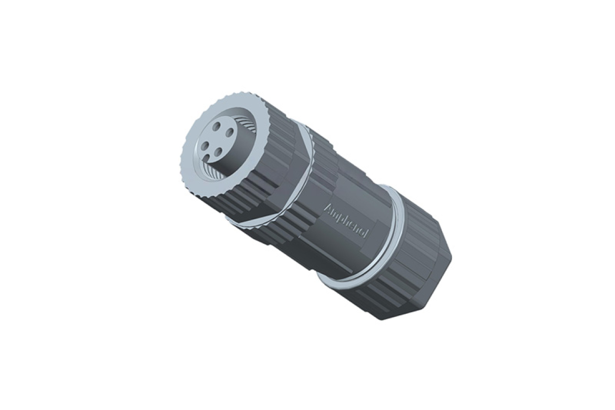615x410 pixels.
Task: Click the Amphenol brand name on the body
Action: pyautogui.click(x=347, y=221)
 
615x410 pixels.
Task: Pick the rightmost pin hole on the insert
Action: pyautogui.click(x=231, y=140)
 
